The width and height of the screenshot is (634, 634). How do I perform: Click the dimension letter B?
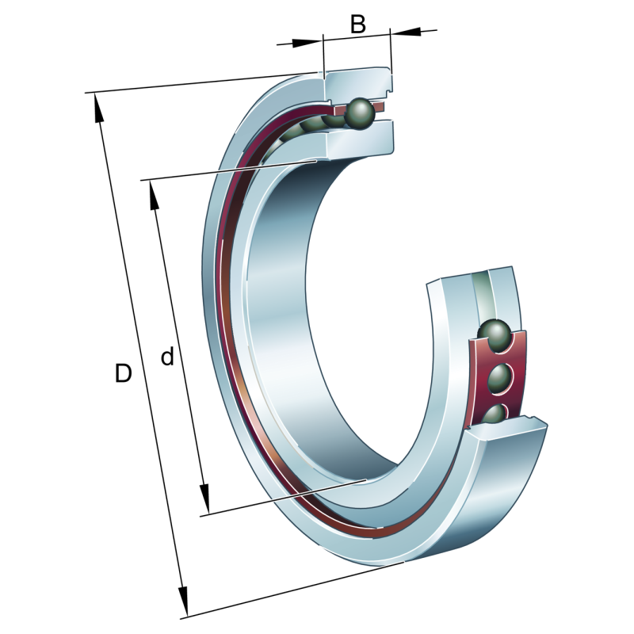click(x=358, y=25)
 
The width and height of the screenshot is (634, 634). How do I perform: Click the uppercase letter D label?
click(x=124, y=372)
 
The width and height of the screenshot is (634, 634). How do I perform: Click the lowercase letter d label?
click(x=167, y=356)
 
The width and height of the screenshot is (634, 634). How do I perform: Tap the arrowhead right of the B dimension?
click(x=406, y=32)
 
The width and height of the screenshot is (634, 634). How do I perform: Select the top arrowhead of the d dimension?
click(x=154, y=195)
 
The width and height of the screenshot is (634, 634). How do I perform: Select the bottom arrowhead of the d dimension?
click(x=204, y=498)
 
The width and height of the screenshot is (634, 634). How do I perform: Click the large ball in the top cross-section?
click(x=360, y=113)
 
